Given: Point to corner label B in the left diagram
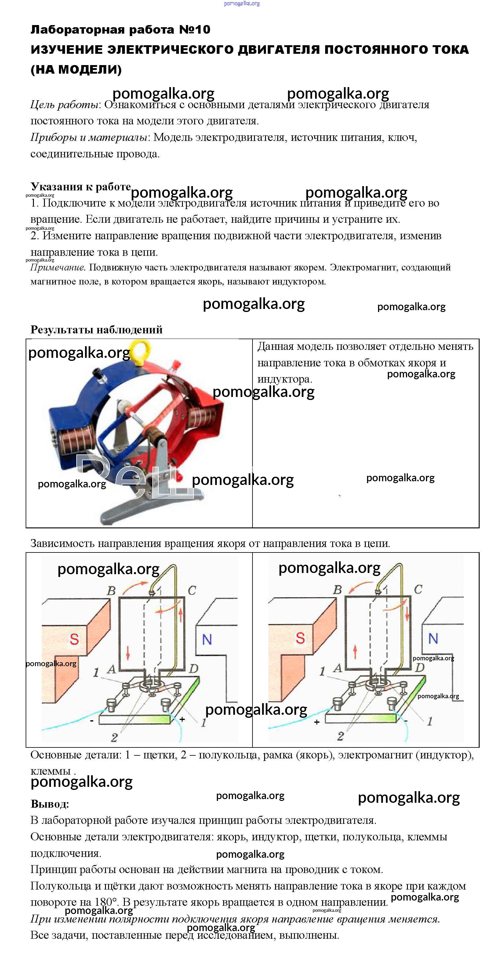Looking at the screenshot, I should click(111, 591).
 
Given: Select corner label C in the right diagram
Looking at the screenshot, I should click(418, 589).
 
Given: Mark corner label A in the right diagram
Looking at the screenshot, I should click(337, 668).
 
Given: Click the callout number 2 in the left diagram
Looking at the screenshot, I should click(114, 737).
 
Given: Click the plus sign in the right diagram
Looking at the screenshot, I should click(317, 722).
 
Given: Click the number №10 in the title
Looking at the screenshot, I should click(195, 30).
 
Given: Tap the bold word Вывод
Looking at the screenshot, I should click(50, 804).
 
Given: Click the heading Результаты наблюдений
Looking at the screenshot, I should click(96, 330).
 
